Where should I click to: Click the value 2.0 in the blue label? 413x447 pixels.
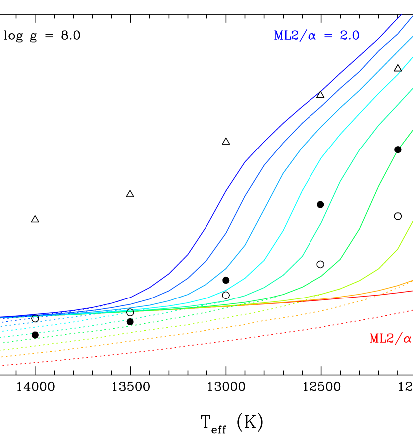click(x=349, y=36)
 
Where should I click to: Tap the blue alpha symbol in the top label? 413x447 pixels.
click(x=312, y=36)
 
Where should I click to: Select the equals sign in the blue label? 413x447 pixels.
click(x=328, y=36)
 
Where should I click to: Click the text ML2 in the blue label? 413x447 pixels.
click(x=287, y=36)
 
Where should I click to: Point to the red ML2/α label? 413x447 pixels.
click(x=390, y=338)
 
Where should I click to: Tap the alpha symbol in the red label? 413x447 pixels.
click(x=407, y=339)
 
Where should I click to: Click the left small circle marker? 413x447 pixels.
click(x=35, y=317)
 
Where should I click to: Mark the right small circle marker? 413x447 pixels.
click(x=130, y=311)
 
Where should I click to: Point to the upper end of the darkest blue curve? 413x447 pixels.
click(x=401, y=15)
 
